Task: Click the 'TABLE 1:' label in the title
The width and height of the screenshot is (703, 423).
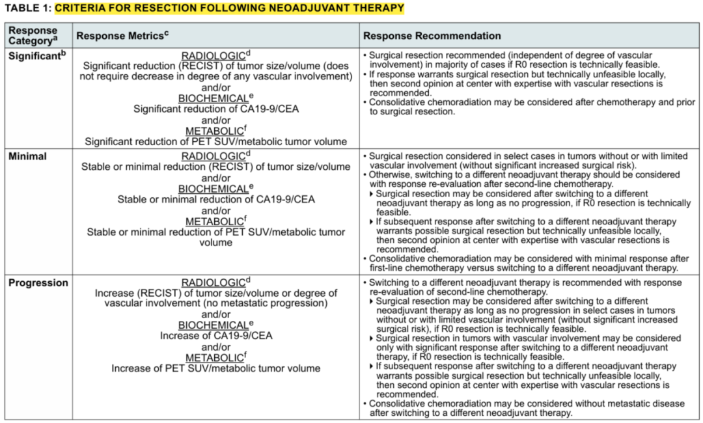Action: click(x=28, y=8)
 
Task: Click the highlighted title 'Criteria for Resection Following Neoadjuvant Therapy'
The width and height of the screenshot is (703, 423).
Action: click(x=229, y=8)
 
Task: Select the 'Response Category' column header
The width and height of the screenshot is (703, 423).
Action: click(x=33, y=36)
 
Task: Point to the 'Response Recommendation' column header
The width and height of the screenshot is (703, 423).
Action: click(x=432, y=36)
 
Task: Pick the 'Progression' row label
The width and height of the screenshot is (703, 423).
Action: click(x=38, y=283)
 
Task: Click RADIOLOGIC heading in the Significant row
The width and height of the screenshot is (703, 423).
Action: click(x=214, y=56)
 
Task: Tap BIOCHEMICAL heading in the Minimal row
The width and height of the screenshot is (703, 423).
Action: click(x=214, y=189)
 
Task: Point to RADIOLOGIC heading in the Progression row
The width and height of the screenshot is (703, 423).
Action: click(x=214, y=283)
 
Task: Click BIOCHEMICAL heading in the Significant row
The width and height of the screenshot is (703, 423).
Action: click(x=214, y=98)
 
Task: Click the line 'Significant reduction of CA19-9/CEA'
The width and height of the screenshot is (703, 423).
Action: click(x=216, y=109)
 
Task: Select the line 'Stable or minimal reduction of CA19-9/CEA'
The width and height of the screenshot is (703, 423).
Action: click(x=216, y=200)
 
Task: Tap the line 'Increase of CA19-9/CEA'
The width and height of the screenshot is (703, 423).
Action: click(x=216, y=336)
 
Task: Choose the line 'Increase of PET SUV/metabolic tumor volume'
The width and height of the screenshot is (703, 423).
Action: click(x=216, y=368)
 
